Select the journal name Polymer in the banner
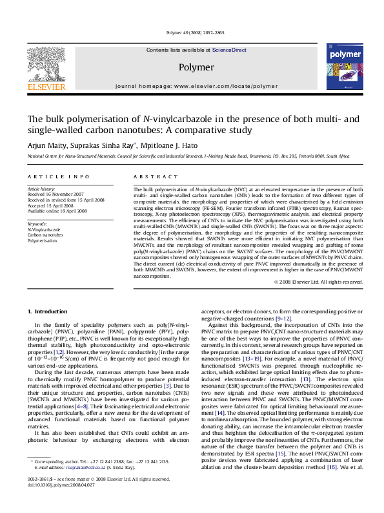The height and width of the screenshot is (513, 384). (196, 67)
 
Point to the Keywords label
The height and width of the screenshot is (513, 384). (37, 224)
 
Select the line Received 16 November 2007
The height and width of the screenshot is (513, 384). (56, 194)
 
